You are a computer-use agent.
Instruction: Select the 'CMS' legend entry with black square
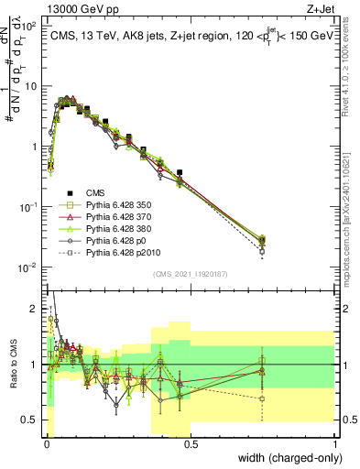[95, 192]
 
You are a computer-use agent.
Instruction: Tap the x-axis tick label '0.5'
[190, 442]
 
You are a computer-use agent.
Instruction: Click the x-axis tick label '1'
[335, 442]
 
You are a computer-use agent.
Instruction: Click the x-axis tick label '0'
[46, 442]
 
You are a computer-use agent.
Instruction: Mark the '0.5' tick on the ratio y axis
[28, 420]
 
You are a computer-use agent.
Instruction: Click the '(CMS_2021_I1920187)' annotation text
[191, 273]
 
